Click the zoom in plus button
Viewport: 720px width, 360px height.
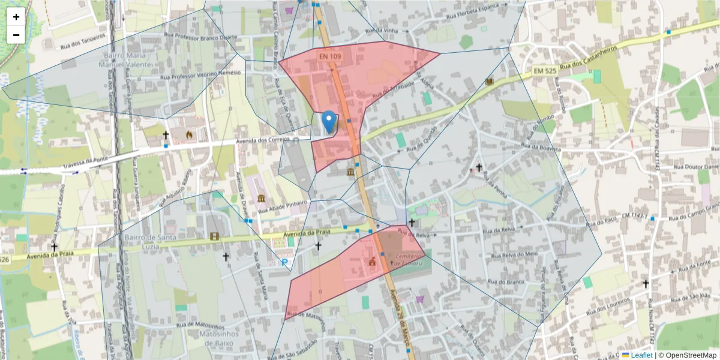pos(16,17)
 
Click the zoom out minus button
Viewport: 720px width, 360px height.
pos(16,35)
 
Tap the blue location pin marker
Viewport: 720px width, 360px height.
pos(329,122)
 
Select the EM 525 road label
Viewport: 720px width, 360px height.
pos(545,71)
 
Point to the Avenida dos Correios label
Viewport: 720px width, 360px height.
pos(263,139)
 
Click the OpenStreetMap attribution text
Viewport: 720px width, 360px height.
pos(688,355)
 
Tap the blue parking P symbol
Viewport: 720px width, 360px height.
pos(284,262)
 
